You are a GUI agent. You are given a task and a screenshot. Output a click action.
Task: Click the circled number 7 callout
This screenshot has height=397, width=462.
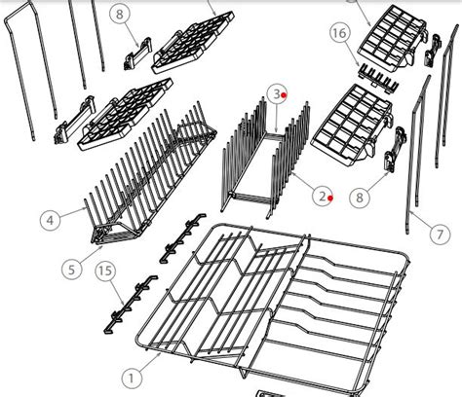[442, 235]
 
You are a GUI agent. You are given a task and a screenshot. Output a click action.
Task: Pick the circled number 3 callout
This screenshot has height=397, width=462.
[276, 93]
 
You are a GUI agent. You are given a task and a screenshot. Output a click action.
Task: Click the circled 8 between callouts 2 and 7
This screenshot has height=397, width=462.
[361, 198]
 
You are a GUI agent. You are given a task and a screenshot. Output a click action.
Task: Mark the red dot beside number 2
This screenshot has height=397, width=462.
[331, 198]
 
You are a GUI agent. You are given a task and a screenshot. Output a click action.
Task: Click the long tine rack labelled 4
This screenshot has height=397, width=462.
[146, 180]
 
